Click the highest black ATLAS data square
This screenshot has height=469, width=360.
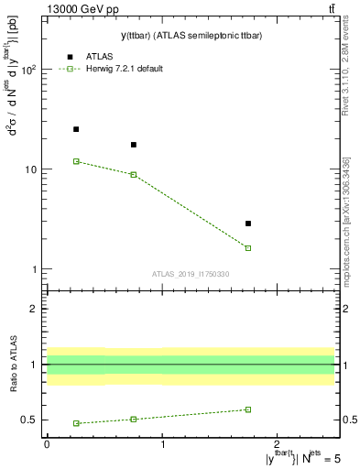[x=76, y=129]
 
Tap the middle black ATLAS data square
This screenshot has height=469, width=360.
[x=134, y=145]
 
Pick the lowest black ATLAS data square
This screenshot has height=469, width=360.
[x=248, y=224]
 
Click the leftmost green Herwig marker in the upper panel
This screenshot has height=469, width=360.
[x=76, y=161]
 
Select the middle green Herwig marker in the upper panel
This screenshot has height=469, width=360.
[x=134, y=174]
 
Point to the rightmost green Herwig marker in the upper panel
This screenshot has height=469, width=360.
[x=248, y=248]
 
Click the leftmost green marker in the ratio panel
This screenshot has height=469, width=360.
[x=76, y=423]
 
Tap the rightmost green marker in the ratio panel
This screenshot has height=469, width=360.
[x=248, y=409]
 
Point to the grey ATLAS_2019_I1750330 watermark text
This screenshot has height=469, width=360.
[x=191, y=274]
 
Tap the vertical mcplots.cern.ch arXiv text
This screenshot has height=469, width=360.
[x=345, y=220]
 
